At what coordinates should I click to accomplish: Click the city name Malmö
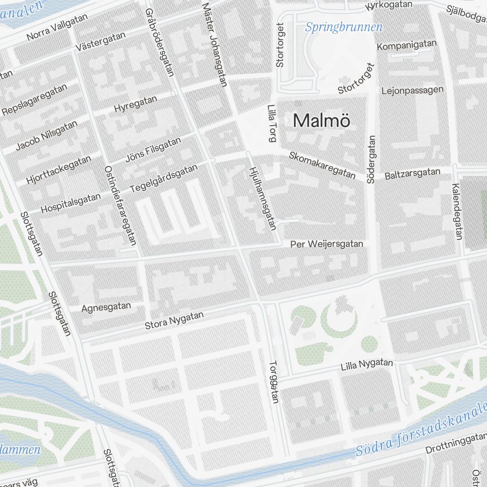(322, 120)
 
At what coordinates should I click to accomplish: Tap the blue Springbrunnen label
(344, 27)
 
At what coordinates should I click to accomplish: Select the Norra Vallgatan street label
(57, 27)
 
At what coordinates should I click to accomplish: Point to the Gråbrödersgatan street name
(159, 42)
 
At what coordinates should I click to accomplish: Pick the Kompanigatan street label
(407, 46)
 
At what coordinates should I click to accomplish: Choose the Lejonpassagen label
(412, 90)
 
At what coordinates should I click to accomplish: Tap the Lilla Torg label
(272, 124)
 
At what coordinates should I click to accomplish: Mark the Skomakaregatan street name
(322, 165)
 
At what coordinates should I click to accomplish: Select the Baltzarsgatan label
(412, 173)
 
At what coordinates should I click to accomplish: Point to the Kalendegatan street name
(457, 212)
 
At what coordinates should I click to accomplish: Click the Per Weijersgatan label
(326, 244)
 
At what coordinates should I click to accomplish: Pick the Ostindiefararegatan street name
(120, 205)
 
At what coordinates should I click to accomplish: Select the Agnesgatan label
(106, 307)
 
